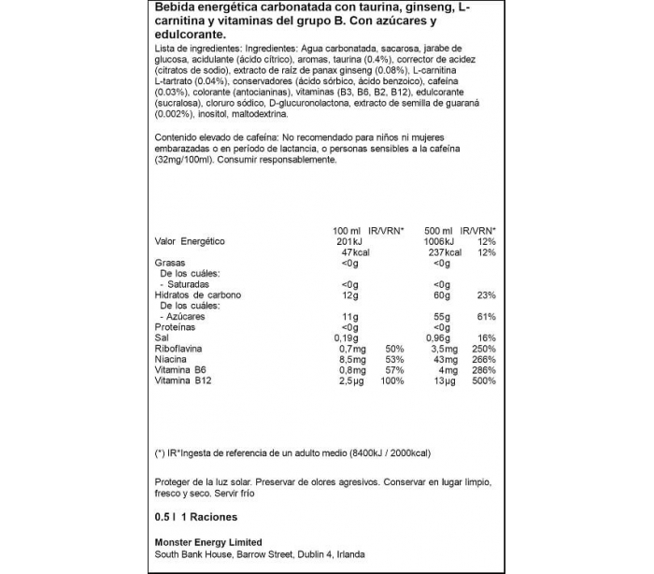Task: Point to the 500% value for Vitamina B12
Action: coord(483,381)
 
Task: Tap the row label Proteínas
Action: coord(176,326)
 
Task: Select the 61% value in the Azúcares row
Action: coord(487,316)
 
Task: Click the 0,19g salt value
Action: coord(347,337)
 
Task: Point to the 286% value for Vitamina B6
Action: coord(483,370)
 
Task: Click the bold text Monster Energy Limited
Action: coord(208,542)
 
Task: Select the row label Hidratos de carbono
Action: coord(197,294)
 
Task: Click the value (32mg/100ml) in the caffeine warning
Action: coord(186,160)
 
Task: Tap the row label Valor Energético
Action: coord(190,241)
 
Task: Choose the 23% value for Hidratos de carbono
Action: coord(487,294)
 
